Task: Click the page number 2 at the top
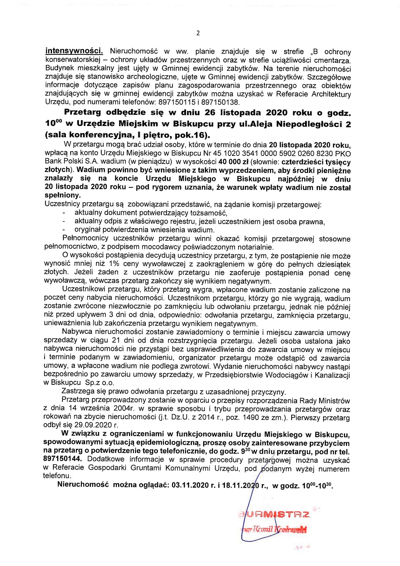[198, 33]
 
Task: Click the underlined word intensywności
[74, 51]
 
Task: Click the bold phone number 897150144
[62, 459]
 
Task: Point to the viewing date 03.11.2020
[190, 485]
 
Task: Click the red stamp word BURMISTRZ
[274, 515]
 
